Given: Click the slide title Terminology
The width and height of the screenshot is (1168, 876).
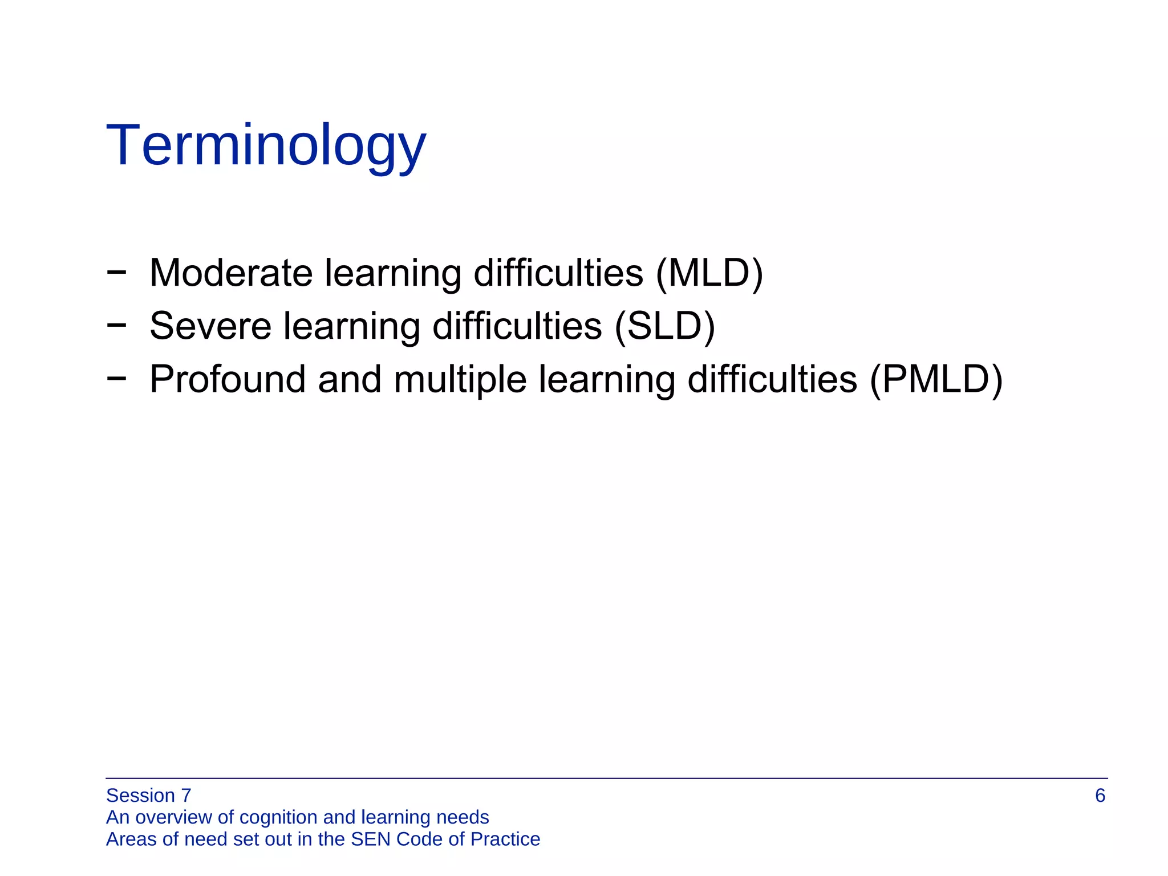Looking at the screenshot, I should pos(266,146).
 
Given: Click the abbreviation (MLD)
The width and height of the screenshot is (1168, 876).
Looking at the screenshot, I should pos(709,273).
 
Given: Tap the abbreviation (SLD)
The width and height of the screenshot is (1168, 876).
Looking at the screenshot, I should pos(664,326).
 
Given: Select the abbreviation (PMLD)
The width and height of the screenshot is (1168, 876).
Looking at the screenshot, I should pos(935,379).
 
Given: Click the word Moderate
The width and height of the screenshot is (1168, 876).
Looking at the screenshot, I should pos(231,273).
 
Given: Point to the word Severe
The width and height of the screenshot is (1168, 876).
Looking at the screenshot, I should pos(210,326).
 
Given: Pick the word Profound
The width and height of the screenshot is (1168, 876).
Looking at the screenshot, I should pos(228,379).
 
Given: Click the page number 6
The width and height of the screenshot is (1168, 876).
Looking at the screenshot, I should pos(1100,796).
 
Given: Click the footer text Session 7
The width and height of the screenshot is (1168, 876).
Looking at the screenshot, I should pos(148,796).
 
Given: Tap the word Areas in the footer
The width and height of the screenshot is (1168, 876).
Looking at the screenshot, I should pos(131,839).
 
